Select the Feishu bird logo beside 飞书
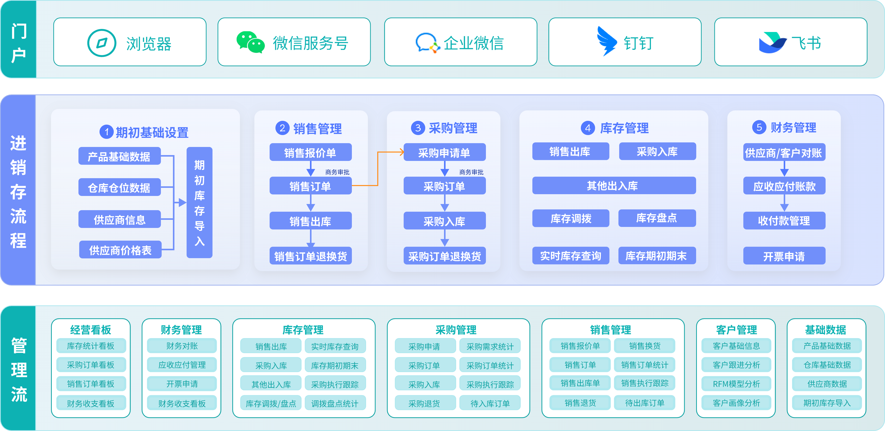tap(773, 43)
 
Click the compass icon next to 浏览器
tap(102, 43)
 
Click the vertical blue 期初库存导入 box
tap(199, 202)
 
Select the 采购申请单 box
tap(445, 152)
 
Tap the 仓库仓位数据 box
tap(120, 187)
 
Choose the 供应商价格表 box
tap(120, 250)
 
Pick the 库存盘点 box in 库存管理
tap(657, 218)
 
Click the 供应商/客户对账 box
tap(784, 152)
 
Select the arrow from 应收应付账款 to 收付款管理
tap(784, 203)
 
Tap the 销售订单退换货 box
tap(310, 256)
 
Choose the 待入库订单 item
tap(490, 403)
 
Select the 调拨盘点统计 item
tap(335, 403)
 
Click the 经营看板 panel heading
tap(91, 330)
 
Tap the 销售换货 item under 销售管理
tap(645, 346)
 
